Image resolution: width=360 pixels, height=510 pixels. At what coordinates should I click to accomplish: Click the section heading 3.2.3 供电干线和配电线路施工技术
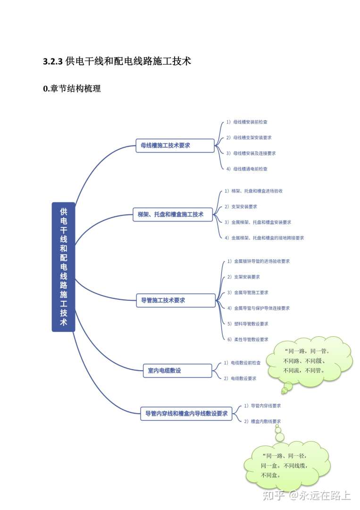[117, 61]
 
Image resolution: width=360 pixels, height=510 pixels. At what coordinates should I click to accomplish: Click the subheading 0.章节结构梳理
[72, 88]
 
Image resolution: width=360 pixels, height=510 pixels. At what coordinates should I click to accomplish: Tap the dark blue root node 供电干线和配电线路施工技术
[63, 267]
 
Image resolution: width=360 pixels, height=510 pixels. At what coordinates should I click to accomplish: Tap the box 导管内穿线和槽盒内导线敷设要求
[186, 414]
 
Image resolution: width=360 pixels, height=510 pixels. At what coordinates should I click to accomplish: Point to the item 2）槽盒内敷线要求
[262, 421]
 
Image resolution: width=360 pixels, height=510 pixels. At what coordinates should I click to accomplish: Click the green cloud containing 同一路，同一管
[309, 360]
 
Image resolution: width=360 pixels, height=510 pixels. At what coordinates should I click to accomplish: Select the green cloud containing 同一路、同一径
[285, 465]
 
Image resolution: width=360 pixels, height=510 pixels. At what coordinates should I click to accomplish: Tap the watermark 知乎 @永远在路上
[307, 495]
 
